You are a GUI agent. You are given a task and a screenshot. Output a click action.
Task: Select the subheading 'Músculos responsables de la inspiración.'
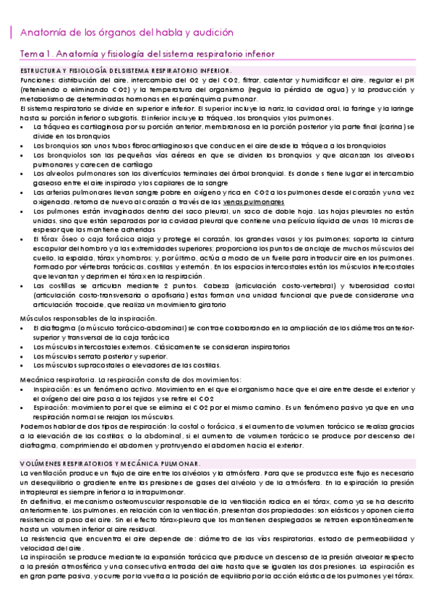click(x=80, y=319)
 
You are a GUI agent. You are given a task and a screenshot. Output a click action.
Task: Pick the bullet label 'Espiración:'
click(x=53, y=408)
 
